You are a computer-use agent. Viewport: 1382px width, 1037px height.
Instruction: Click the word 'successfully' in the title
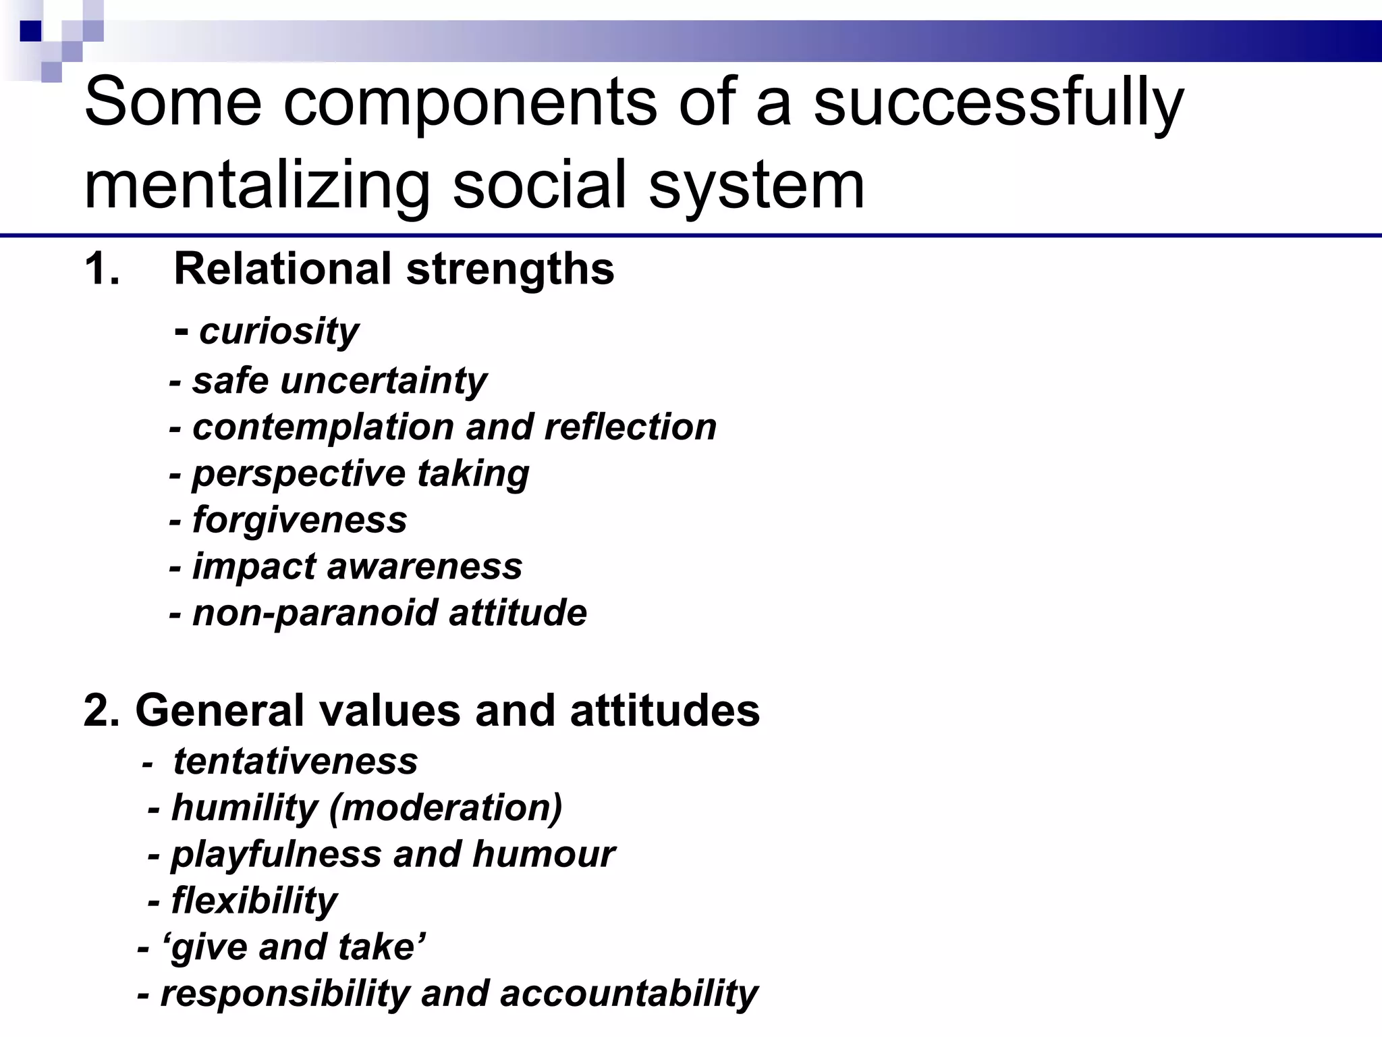point(998,103)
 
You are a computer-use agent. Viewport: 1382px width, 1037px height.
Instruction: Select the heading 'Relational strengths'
point(394,269)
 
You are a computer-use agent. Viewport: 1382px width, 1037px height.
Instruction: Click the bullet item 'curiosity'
point(279,331)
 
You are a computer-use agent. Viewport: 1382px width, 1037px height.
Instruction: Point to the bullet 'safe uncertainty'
point(339,380)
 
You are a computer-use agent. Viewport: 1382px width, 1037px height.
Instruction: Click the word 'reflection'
point(630,427)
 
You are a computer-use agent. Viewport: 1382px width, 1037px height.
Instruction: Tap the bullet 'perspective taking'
point(360,473)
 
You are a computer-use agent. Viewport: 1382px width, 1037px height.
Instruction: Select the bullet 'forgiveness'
point(300,520)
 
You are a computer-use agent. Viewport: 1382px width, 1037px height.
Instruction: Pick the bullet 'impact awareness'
point(357,566)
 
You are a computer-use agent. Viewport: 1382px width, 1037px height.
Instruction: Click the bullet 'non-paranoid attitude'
point(389,612)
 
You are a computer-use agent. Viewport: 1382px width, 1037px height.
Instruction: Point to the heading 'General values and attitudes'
point(422,710)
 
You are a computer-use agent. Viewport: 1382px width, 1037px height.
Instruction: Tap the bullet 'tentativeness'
point(295,761)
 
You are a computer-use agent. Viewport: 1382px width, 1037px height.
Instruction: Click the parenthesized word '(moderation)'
point(445,807)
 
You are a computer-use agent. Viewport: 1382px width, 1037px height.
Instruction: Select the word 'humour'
point(544,854)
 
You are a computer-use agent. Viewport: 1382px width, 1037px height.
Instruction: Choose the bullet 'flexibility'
point(254,901)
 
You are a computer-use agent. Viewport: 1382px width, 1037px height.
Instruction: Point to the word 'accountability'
point(629,993)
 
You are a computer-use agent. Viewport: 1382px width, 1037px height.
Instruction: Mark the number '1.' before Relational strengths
point(103,269)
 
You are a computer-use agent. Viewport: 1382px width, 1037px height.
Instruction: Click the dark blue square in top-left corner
point(31,31)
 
